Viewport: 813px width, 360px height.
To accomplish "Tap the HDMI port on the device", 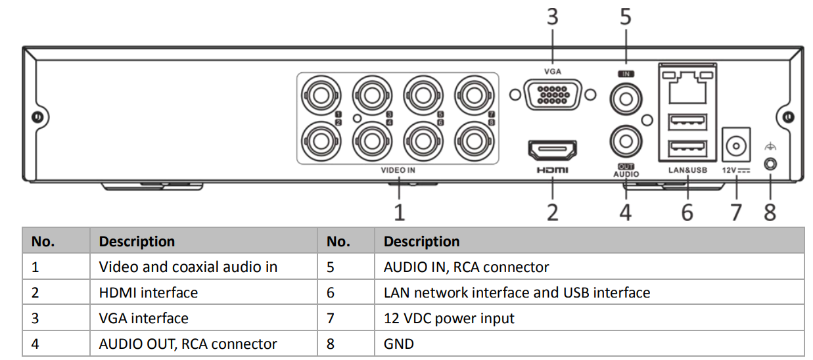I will (x=552, y=150).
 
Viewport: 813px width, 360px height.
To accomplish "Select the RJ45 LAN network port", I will (x=687, y=88).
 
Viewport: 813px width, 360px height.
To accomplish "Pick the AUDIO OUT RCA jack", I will (x=626, y=141).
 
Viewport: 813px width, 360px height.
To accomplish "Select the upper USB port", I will (x=687, y=122).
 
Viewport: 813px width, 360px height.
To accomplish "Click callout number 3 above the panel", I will (x=552, y=16).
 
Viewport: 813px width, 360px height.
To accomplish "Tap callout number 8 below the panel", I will (x=770, y=212).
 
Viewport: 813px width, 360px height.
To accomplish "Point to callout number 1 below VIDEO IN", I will (x=399, y=212).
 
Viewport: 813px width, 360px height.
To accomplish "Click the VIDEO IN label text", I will (x=398, y=170).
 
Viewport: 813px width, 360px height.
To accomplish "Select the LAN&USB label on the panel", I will (x=687, y=170).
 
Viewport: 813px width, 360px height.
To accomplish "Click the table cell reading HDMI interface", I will (x=148, y=292).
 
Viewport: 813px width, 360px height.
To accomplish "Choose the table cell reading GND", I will (x=398, y=344).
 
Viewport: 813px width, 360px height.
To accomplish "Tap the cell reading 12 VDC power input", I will (x=449, y=319).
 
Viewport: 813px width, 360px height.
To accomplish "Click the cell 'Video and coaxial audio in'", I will (x=188, y=267).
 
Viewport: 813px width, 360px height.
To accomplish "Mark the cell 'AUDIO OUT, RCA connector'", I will (x=188, y=344).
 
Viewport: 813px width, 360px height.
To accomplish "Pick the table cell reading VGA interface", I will (x=143, y=319).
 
